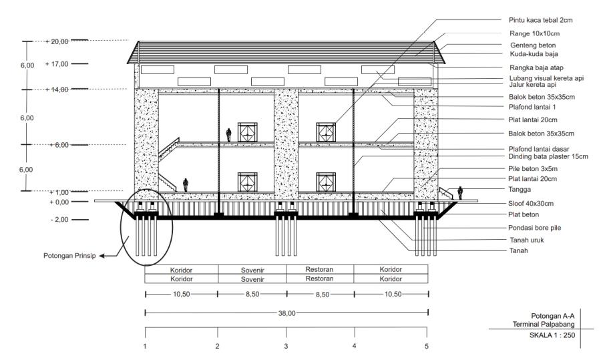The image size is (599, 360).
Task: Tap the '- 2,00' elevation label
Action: [59, 218]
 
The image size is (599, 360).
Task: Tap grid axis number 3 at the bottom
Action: [286, 345]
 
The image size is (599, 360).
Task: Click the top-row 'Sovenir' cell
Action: [252, 271]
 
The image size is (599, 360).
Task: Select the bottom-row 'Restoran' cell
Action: [320, 279]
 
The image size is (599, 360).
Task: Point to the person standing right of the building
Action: [460, 193]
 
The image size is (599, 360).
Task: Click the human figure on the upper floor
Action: [228, 134]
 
